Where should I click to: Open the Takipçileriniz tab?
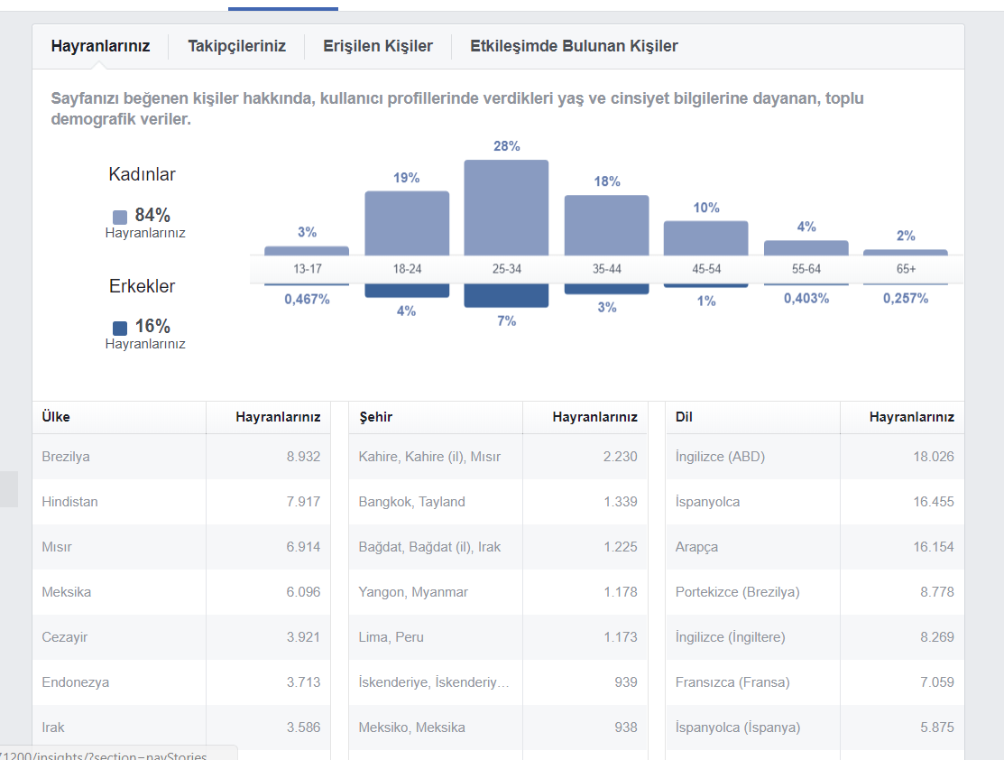[x=236, y=46]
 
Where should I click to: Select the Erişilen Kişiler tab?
[x=378, y=46]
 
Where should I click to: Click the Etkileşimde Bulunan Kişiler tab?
[x=574, y=46]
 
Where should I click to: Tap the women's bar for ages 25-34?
[x=506, y=208]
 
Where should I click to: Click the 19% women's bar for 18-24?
[x=407, y=223]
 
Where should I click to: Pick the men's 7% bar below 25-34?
[x=506, y=295]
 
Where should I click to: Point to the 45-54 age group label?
[x=706, y=269]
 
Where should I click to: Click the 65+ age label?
[x=906, y=269]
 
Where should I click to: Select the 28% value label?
[x=506, y=146]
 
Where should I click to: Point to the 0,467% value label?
[x=308, y=300]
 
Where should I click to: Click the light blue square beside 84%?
[x=120, y=218]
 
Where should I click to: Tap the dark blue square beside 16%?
[x=120, y=328]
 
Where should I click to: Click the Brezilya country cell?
[x=66, y=457]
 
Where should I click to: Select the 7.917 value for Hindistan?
[x=303, y=502]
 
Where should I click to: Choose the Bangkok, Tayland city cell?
[x=411, y=502]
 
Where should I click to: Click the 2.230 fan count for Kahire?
[x=621, y=457]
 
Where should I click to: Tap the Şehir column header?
[x=376, y=417]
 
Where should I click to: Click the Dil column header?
[x=684, y=417]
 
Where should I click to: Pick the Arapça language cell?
[x=696, y=547]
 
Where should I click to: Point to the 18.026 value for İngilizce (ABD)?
[x=934, y=457]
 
